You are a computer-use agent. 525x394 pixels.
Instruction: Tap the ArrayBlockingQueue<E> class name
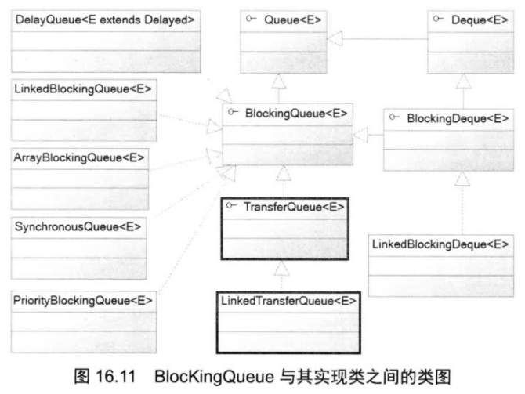click(80, 157)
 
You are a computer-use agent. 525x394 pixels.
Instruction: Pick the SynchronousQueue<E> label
click(78, 226)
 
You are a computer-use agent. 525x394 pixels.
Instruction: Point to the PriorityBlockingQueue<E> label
click(83, 300)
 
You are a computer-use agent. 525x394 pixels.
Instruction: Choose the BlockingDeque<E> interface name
click(458, 118)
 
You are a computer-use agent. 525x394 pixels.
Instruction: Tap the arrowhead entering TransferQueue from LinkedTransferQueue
click(284, 269)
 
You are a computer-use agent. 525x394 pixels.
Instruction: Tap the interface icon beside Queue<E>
click(251, 16)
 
